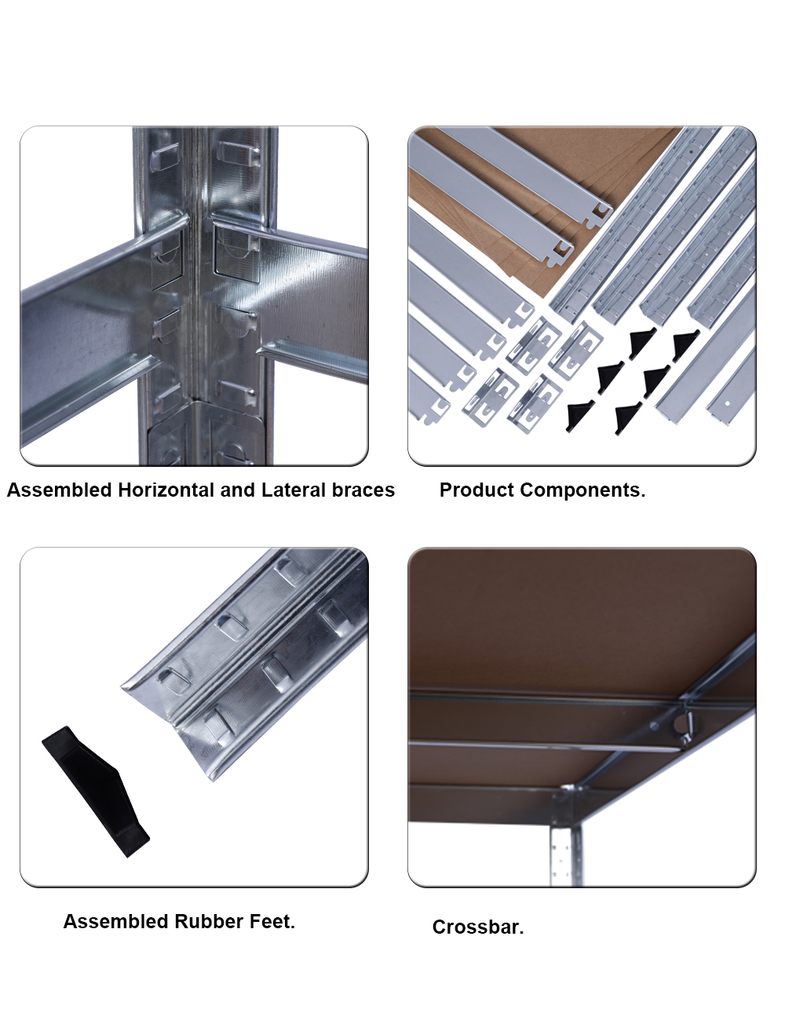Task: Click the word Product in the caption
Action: click(476, 490)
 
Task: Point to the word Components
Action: click(582, 490)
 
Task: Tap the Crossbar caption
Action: click(478, 927)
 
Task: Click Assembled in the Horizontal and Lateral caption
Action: click(59, 490)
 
